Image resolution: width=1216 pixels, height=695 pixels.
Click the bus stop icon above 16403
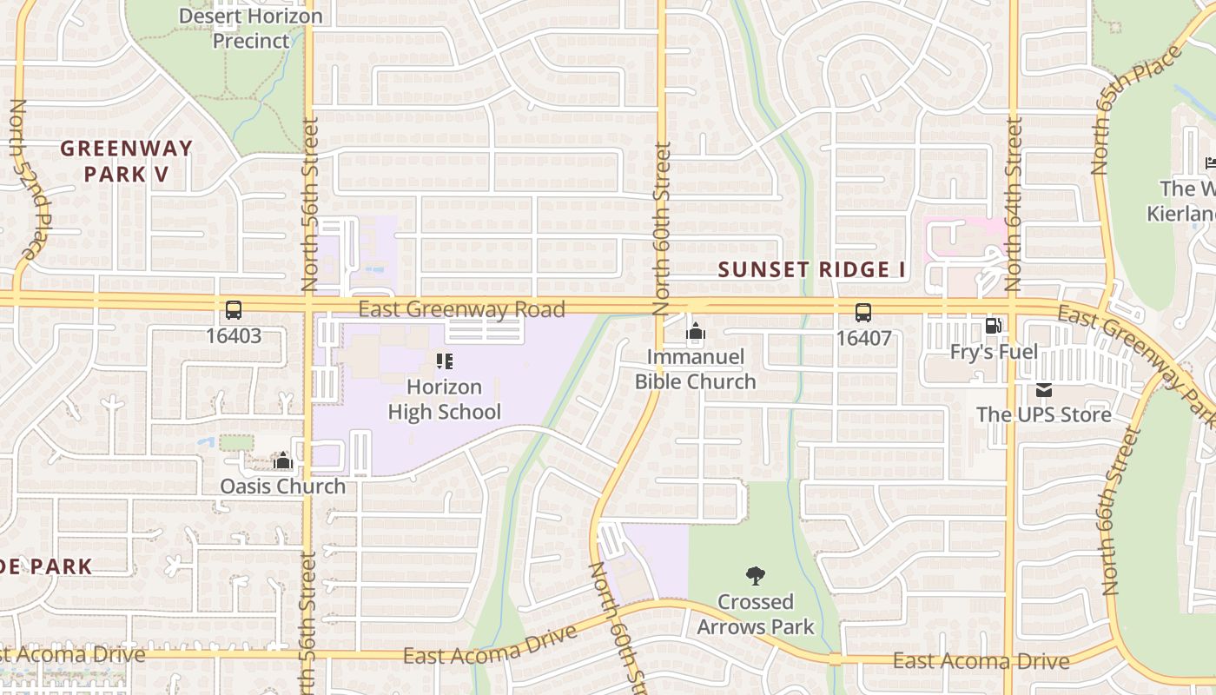[x=234, y=310]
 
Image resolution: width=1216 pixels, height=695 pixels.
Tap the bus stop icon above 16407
[x=863, y=313]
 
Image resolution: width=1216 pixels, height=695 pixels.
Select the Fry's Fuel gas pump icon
[x=993, y=327]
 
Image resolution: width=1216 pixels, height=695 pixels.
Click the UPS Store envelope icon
[x=1043, y=390]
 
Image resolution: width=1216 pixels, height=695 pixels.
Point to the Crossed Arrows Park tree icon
[x=756, y=575]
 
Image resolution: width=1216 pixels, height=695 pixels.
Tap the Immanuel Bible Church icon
[x=695, y=331]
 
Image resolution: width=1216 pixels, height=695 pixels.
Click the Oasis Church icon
[x=282, y=460]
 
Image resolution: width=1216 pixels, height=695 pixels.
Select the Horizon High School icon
[x=445, y=361]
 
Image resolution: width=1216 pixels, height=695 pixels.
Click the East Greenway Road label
[x=461, y=308]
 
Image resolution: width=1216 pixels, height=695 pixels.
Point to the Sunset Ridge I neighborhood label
[x=812, y=269]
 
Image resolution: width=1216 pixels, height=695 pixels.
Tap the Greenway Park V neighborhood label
[x=127, y=161]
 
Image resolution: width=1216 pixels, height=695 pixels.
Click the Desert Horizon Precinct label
[x=251, y=28]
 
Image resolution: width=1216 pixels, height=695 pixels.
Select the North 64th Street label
[x=1013, y=204]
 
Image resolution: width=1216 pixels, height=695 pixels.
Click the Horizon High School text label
[x=445, y=399]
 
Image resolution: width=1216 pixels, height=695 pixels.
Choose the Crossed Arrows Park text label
[x=756, y=613]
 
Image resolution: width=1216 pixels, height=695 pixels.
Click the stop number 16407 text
[x=863, y=338]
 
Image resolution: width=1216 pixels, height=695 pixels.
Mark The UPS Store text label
[x=1043, y=414]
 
